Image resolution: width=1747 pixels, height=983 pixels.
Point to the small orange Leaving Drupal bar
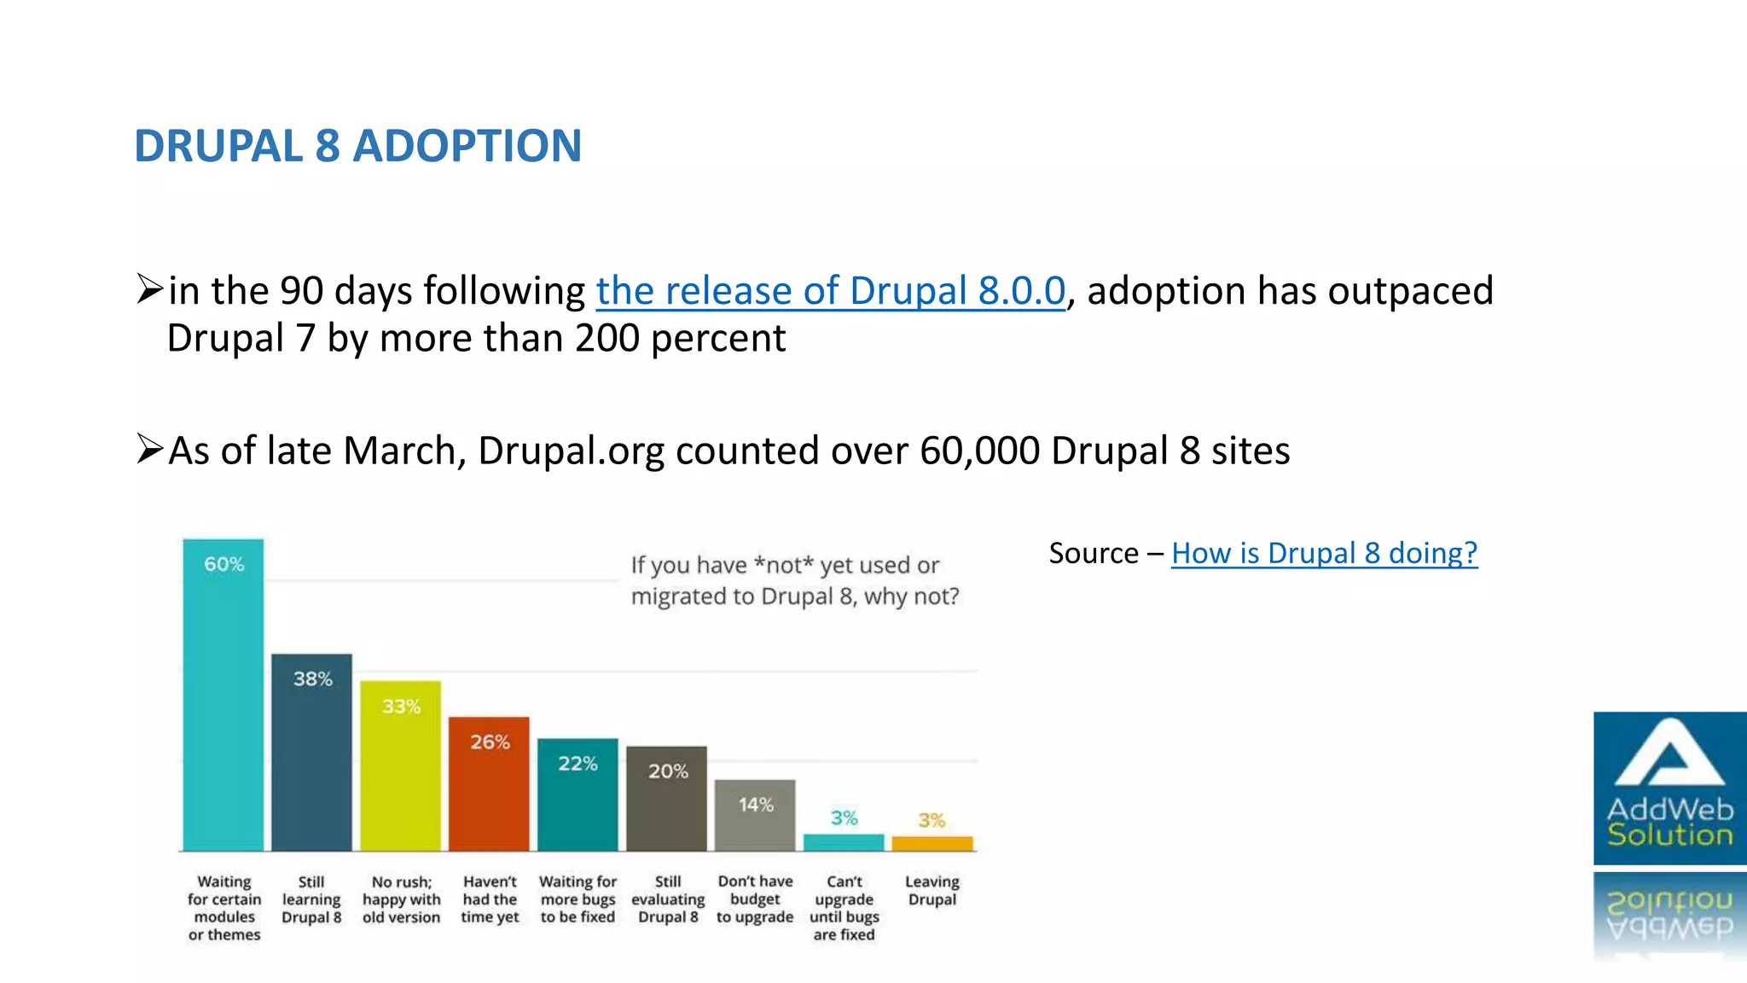[932, 844]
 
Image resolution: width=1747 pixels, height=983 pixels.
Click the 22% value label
[577, 764]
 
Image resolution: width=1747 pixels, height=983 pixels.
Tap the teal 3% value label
[844, 818]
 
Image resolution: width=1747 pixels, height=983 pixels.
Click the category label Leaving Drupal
[932, 890]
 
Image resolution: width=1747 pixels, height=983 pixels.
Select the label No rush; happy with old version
[401, 899]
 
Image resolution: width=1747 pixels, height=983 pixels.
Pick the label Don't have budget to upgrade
[755, 899]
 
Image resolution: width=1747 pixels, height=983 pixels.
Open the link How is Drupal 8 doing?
[1324, 553]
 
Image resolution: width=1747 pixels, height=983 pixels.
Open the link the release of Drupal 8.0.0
[830, 291]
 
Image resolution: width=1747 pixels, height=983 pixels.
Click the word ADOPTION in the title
[467, 146]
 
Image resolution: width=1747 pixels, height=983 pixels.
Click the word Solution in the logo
[1669, 835]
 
